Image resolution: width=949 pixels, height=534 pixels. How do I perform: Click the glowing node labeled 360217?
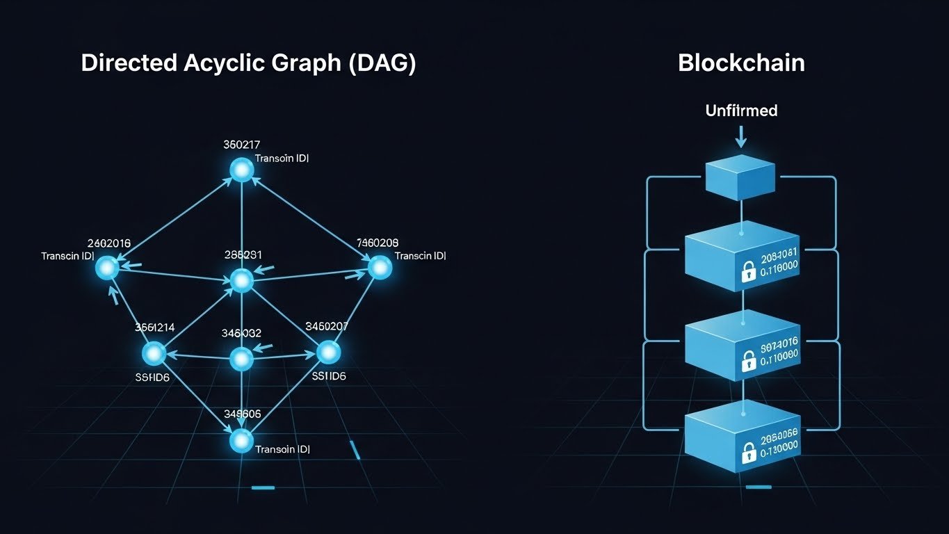click(241, 170)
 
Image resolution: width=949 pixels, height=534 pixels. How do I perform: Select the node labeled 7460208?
click(379, 268)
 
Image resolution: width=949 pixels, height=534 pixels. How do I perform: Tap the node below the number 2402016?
click(107, 268)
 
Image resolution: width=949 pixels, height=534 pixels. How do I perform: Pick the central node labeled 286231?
click(241, 280)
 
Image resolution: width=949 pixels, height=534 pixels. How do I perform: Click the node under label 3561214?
click(154, 354)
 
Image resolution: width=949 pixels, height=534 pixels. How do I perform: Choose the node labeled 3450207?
click(328, 353)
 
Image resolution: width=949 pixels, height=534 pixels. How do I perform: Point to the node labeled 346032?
click(241, 359)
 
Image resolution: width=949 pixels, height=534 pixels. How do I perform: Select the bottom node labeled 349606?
click(241, 440)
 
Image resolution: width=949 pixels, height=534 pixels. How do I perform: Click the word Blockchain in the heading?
click(741, 63)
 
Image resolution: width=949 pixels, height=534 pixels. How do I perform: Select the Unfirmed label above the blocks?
click(741, 111)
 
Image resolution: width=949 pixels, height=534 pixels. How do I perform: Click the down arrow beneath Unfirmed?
click(741, 137)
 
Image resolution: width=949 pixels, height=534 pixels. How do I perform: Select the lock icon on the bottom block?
click(748, 453)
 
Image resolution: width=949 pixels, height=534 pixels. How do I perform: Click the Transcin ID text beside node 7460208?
click(420, 256)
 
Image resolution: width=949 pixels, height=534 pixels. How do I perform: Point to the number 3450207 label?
click(327, 326)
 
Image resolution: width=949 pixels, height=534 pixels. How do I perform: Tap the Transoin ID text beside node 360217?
click(282, 159)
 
